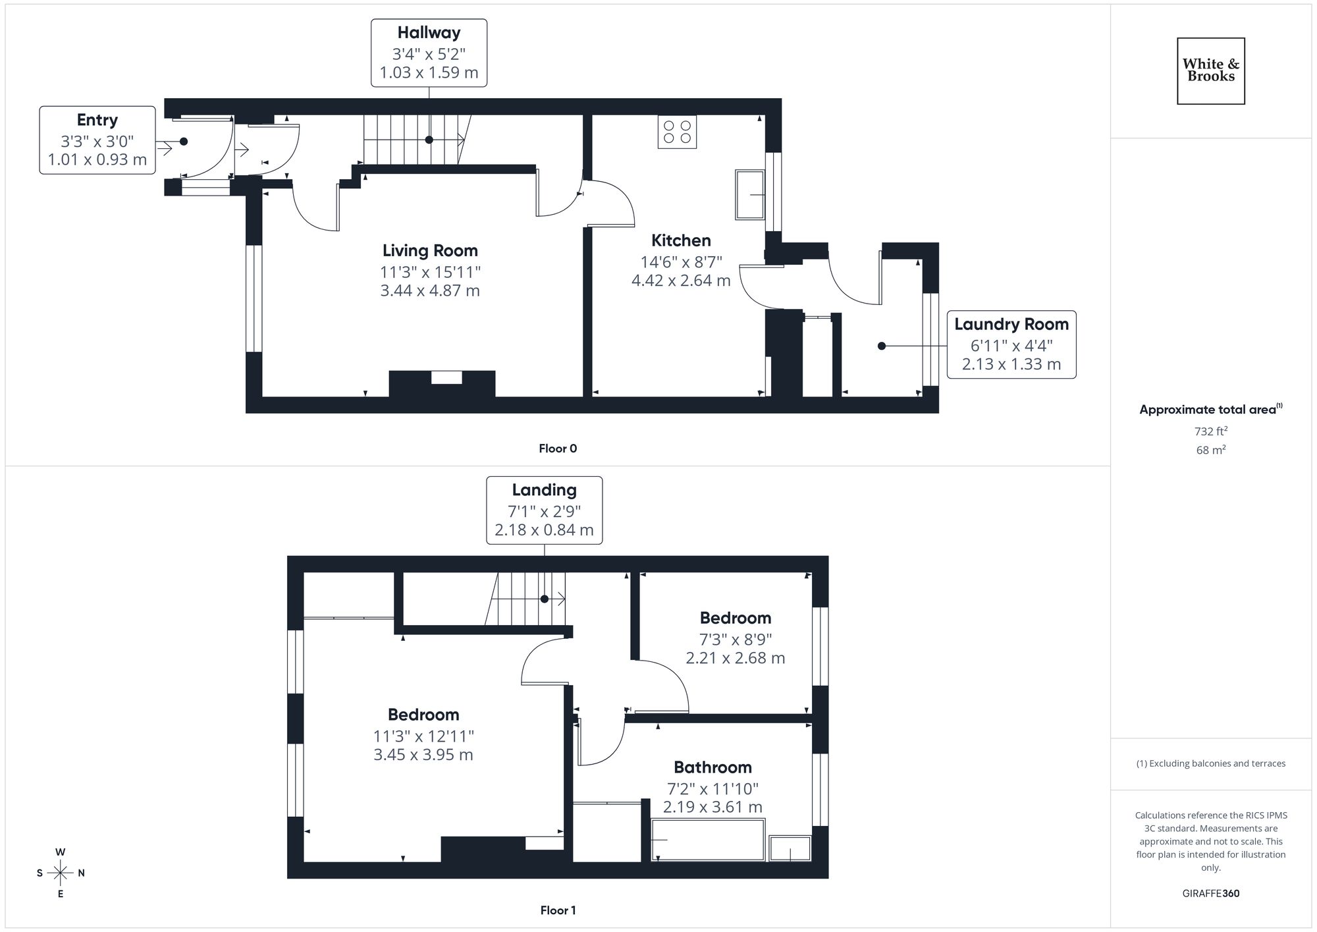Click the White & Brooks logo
coord(1210,70)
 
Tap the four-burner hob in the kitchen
coord(677,132)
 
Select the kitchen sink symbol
coord(750,195)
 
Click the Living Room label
coord(430,251)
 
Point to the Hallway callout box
coord(429,53)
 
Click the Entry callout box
coord(97,140)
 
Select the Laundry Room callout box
coord(1011,344)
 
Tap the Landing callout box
coord(544,510)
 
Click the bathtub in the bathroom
coord(708,840)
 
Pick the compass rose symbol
coord(61,873)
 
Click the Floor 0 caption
coord(558,449)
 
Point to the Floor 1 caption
coord(558,910)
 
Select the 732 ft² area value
coord(1210,431)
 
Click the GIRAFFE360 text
coord(1210,894)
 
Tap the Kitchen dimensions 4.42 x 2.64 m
coord(681,281)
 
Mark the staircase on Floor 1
coord(527,599)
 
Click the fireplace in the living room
coord(442,383)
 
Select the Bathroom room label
coord(712,767)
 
